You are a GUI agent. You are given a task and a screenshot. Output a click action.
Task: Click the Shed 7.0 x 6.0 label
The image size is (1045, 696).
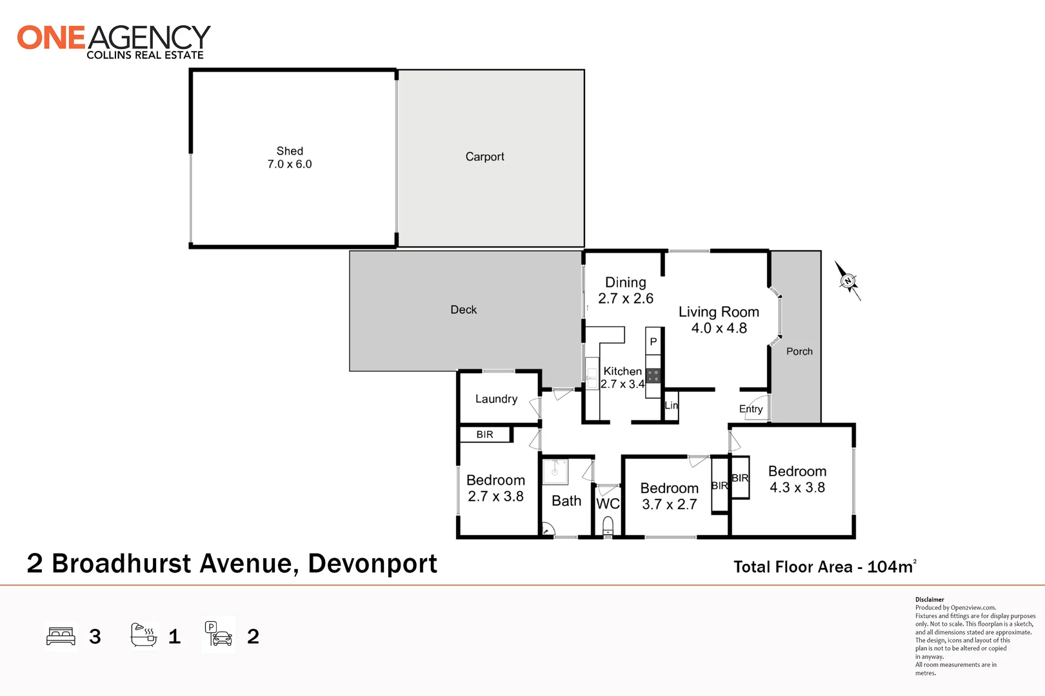click(x=290, y=157)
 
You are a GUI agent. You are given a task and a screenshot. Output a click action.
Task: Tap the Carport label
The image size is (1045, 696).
click(x=484, y=157)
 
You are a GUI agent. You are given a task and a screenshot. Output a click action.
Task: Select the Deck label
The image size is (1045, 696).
click(x=463, y=309)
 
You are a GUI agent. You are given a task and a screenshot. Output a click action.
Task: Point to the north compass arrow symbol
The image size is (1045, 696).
click(x=848, y=281)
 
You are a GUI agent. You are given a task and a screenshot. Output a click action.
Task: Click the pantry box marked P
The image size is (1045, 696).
click(x=653, y=342)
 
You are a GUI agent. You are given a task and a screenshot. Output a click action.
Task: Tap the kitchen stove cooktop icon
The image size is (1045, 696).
click(x=653, y=376)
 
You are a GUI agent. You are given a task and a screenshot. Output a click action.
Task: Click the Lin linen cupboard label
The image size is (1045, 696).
click(x=671, y=405)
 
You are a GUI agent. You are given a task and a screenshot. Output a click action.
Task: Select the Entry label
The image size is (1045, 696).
click(x=750, y=409)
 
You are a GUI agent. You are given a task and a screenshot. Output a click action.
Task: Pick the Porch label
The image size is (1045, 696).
click(x=799, y=351)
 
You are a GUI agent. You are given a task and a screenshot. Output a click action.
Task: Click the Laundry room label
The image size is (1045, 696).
click(x=496, y=399)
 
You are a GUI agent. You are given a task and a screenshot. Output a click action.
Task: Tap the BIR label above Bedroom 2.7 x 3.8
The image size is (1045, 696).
click(x=484, y=434)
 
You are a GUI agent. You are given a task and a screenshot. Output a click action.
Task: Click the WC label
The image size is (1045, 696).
click(x=608, y=503)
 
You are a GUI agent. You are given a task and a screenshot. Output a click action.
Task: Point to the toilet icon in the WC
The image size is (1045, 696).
click(x=608, y=529)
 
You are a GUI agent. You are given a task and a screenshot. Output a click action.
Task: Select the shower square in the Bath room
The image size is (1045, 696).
click(x=555, y=471)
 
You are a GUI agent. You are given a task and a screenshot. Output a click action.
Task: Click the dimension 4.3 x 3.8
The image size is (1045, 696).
click(x=797, y=488)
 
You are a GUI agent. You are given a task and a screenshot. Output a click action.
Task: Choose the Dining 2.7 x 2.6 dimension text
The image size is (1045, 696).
click(x=625, y=298)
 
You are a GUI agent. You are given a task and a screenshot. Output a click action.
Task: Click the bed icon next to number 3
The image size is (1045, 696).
click(x=61, y=637)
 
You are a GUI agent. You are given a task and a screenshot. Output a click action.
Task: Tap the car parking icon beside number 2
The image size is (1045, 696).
click(x=219, y=635)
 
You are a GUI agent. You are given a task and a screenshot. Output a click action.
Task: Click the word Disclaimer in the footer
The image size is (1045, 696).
click(x=929, y=599)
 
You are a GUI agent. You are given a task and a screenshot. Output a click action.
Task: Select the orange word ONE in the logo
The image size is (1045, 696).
click(x=51, y=38)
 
